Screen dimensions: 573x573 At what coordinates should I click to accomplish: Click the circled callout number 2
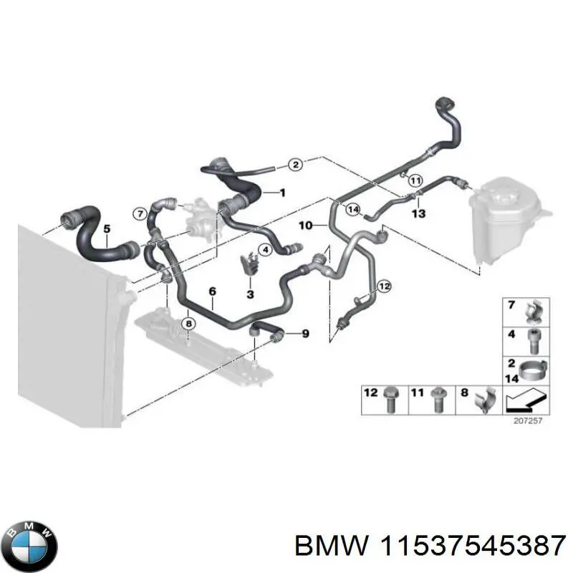tap(295, 165)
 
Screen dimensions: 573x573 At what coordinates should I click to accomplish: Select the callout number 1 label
tap(282, 193)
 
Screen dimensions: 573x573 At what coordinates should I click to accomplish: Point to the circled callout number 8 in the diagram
tap(188, 324)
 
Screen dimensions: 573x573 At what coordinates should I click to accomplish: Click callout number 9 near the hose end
tap(305, 333)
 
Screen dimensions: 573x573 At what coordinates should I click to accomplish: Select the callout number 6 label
tap(212, 291)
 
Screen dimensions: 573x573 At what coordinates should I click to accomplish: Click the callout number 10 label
tap(305, 226)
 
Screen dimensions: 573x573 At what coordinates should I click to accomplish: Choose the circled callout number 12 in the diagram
tap(385, 286)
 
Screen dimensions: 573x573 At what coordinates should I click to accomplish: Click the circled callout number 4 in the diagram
tap(264, 250)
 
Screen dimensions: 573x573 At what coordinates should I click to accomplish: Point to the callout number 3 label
tap(250, 294)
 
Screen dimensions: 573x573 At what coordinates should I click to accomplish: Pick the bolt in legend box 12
tap(391, 401)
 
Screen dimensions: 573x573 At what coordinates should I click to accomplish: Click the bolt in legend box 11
tap(436, 402)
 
